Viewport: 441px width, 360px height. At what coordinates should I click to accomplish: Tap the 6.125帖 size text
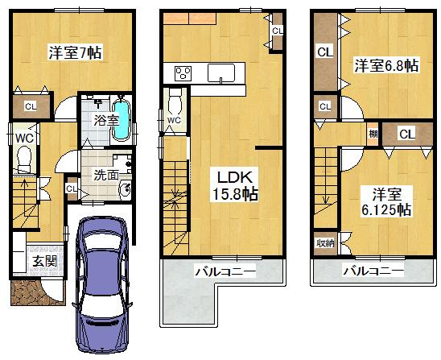coord(381,210)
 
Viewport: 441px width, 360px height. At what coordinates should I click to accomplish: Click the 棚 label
coord(373,134)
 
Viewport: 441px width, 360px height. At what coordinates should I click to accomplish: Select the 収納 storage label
coord(325,241)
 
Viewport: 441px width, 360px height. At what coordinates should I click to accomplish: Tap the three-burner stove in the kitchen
coord(182,73)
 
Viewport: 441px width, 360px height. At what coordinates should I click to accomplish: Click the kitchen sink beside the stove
coord(220,73)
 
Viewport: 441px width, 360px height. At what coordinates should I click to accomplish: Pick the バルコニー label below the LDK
coord(225,273)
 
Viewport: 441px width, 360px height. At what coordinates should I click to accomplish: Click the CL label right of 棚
coord(406,134)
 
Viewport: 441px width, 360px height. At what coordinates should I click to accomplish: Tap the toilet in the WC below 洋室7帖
coord(24,160)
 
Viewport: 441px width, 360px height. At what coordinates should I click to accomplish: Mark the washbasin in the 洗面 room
coord(125,191)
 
